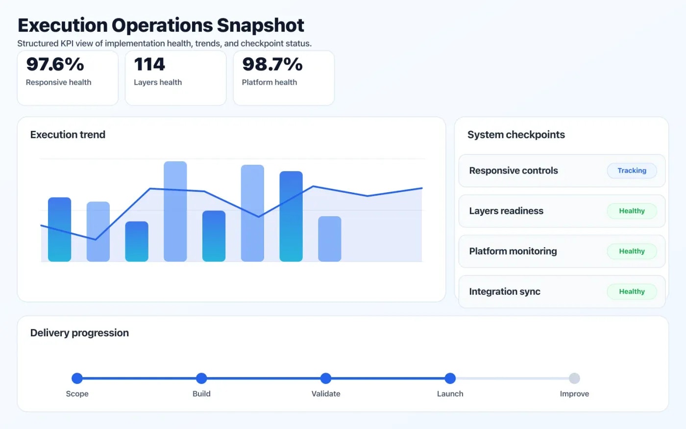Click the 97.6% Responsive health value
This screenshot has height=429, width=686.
point(55,65)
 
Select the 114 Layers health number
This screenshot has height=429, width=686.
point(149,65)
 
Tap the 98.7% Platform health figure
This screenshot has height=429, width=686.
point(272,65)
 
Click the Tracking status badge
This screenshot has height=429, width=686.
point(632,171)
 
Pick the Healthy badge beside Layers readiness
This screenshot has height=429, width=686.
point(632,211)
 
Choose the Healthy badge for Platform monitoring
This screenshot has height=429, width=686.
point(632,251)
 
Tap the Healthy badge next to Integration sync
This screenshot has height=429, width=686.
point(632,291)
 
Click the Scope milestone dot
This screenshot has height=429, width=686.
point(77,378)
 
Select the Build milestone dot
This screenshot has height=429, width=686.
point(201,378)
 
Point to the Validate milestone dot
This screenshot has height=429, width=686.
point(326,378)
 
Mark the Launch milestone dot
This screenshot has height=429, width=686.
point(450,378)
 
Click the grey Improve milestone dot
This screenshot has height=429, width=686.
point(574,378)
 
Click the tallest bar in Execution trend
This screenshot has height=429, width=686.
point(175,211)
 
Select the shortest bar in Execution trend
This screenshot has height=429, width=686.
point(137,241)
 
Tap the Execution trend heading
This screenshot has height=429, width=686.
point(68,135)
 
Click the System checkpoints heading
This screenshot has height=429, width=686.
point(516,135)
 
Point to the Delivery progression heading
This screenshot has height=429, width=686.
point(79,333)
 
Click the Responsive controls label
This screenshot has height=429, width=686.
point(513,171)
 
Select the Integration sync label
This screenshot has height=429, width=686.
point(504,292)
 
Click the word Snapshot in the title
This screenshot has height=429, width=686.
point(260,25)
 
